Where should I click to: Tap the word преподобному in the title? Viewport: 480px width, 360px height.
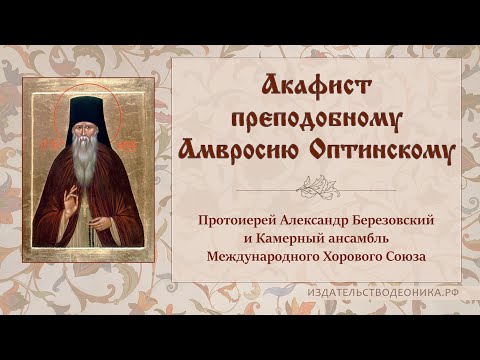pos(316,120)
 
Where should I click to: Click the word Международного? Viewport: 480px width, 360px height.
pos(259,257)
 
